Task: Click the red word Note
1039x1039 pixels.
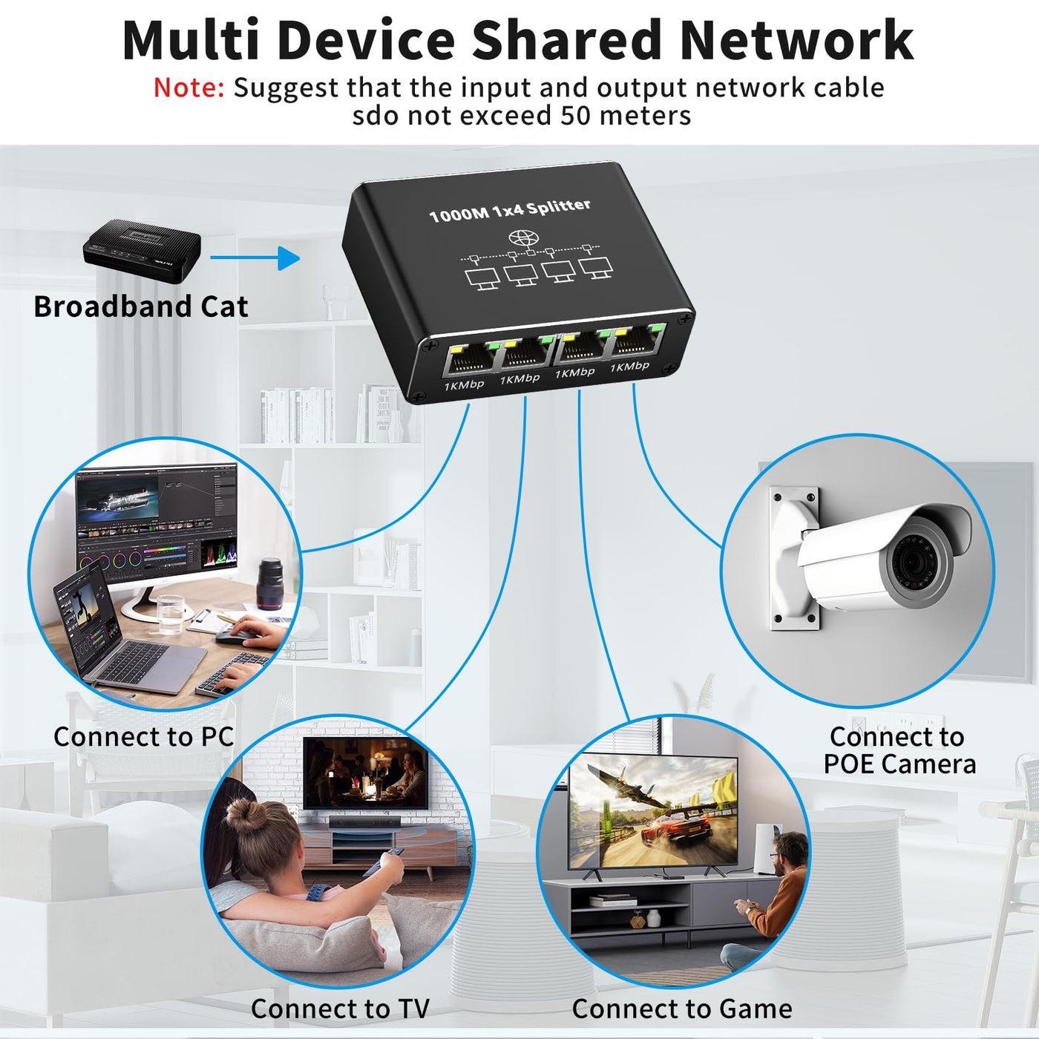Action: pos(189,88)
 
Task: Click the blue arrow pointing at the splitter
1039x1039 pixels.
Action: pos(255,258)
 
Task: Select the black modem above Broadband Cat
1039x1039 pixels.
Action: pos(142,251)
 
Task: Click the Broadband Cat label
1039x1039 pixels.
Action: pos(140,307)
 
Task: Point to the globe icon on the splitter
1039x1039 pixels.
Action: pos(523,239)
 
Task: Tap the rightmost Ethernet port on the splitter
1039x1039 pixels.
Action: pos(637,340)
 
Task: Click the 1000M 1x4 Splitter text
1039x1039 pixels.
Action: pos(510,209)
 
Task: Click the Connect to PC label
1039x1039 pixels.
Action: pos(143,736)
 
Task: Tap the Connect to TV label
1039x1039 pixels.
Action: pos(340,1009)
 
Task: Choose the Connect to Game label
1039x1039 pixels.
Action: pos(681,1009)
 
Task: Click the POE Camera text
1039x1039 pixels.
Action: pos(899,764)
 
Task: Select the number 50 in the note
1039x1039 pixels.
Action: pos(575,116)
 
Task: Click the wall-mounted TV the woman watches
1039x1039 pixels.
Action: pos(366,773)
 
